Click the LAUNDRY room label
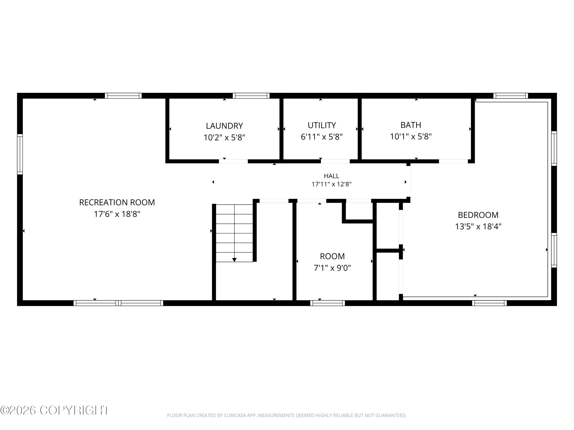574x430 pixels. click(224, 126)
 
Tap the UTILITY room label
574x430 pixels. click(322, 125)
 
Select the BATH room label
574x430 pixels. click(411, 125)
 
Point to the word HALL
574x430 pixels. click(332, 176)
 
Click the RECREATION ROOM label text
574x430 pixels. click(117, 202)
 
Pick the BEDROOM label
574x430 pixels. click(478, 215)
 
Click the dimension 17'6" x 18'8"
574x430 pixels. click(117, 214)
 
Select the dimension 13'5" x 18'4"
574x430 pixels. click(478, 226)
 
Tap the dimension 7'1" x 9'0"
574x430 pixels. click(332, 268)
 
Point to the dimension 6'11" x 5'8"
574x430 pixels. click(322, 137)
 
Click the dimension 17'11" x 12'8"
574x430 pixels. click(332, 184)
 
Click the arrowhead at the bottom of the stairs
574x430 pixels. click(234, 260)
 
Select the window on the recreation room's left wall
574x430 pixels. click(20, 154)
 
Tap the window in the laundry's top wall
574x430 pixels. click(251, 96)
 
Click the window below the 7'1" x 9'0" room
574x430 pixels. click(328, 303)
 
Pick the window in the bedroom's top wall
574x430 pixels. click(510, 96)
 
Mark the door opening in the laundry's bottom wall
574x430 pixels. click(233, 161)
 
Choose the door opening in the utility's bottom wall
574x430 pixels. click(335, 161)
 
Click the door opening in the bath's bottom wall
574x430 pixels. click(453, 161)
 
